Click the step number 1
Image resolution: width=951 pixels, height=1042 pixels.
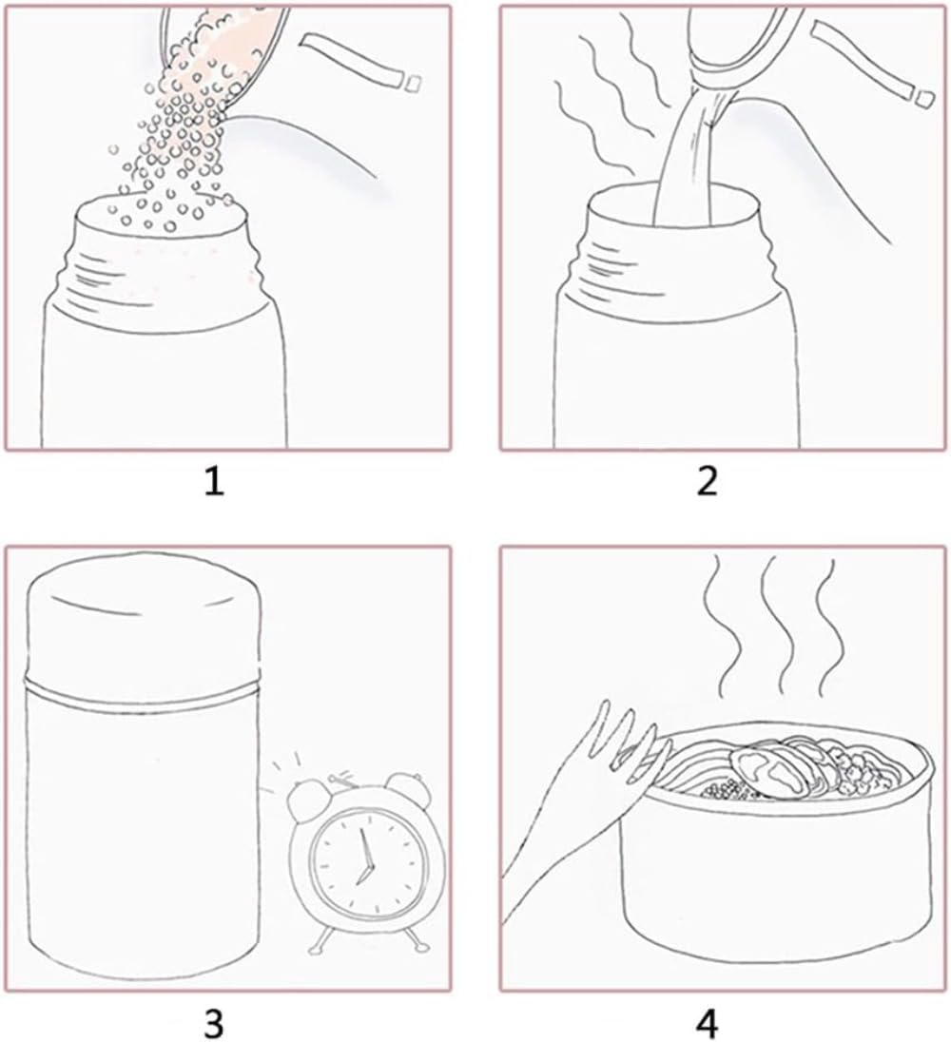pyautogui.click(x=213, y=481)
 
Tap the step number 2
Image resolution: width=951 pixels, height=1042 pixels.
pyautogui.click(x=708, y=481)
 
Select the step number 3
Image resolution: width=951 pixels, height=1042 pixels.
pyautogui.click(x=213, y=1023)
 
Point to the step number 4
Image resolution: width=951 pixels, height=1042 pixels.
pyautogui.click(x=708, y=1023)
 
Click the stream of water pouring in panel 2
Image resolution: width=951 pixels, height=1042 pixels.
pyautogui.click(x=691, y=160)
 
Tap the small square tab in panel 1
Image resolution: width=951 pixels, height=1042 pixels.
pyautogui.click(x=413, y=83)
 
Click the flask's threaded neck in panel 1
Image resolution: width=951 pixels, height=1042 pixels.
pyautogui.click(x=162, y=266)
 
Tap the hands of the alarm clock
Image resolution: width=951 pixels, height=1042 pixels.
pyautogui.click(x=364, y=858)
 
